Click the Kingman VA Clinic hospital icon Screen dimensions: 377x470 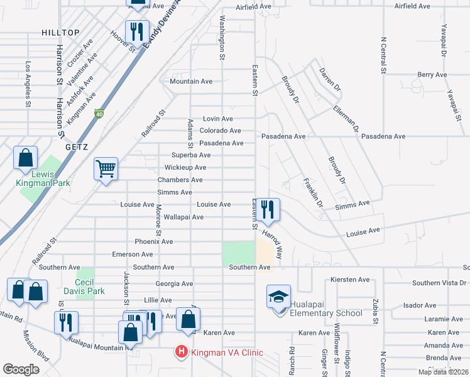coord(182,352)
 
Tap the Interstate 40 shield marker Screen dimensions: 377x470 coord(99,114)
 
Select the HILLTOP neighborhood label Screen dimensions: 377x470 coord(60,33)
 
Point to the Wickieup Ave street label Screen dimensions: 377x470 coord(185,168)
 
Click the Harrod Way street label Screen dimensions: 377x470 coord(276,244)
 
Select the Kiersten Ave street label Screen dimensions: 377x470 coord(350,279)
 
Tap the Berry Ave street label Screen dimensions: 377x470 coord(432,75)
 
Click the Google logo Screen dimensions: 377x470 coord(21,369)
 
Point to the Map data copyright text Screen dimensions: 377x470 coord(443,372)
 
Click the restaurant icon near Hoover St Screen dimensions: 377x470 coord(136,31)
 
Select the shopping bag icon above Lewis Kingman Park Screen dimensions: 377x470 coord(26,158)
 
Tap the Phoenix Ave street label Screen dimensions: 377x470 coord(153,241)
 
